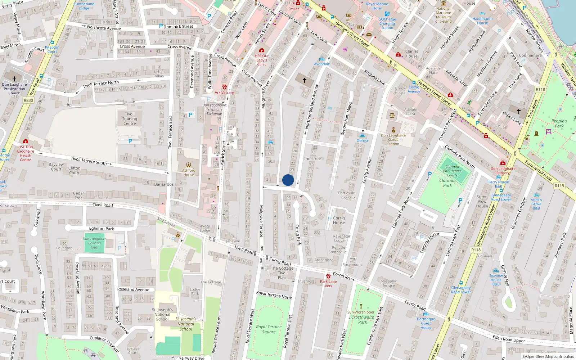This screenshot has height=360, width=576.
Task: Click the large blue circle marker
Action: pyautogui.click(x=288, y=180)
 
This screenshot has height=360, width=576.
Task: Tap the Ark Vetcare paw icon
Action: pyautogui.click(x=225, y=87)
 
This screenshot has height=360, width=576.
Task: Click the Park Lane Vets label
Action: pyautogui.click(x=328, y=284)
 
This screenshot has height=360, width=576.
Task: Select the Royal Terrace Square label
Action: pyautogui.click(x=269, y=329)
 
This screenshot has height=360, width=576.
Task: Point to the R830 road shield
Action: pyautogui.click(x=28, y=100)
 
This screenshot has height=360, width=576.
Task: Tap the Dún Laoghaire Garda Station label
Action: pyautogui.click(x=393, y=140)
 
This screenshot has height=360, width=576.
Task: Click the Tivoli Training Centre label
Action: pyautogui.click(x=130, y=119)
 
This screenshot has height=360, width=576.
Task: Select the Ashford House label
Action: pyautogui.click(x=189, y=172)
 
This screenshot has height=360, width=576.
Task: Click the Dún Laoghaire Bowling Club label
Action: pyautogui.click(x=94, y=243)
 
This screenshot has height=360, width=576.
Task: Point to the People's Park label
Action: pyautogui.click(x=559, y=123)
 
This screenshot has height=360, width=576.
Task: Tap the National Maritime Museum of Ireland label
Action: pyautogui.click(x=443, y=15)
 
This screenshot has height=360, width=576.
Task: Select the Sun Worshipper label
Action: pyautogui.click(x=361, y=312)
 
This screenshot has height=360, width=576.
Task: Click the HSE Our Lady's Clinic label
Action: pyautogui.click(x=262, y=60)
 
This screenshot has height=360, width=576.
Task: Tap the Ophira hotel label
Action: pyautogui.click(x=362, y=140)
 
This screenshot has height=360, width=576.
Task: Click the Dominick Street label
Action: pyautogui.click(x=178, y=27)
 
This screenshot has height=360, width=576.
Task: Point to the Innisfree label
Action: pyautogui.click(x=312, y=158)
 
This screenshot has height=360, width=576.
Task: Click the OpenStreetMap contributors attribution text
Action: pyautogui.click(x=548, y=356)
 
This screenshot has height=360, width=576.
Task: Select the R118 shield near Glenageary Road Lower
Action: pyautogui.click(x=476, y=250)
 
